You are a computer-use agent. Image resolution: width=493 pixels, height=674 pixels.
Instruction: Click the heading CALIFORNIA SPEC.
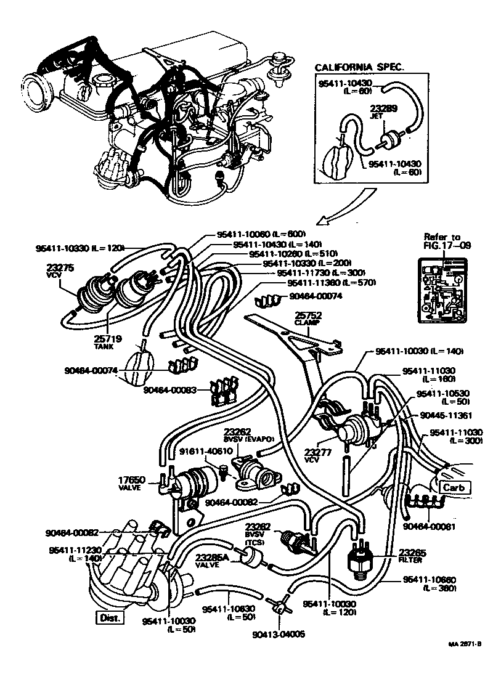pos(359,67)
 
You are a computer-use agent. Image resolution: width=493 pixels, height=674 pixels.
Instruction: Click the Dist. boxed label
pos(109,617)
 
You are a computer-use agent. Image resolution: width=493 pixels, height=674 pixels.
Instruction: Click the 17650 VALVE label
pos(130,482)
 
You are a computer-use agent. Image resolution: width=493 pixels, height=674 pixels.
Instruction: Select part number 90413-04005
pos(279,634)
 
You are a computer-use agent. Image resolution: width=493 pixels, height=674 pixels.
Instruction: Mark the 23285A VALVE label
pos(212,561)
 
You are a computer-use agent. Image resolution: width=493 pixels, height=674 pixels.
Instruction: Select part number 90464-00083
pos(171,389)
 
